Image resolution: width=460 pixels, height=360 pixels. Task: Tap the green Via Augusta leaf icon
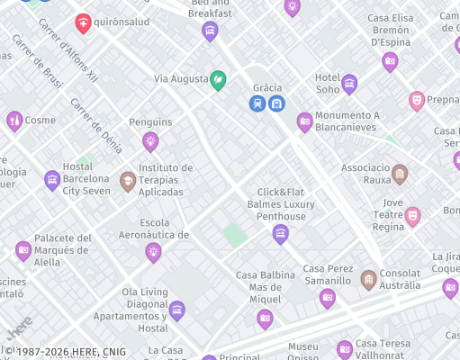[218, 80]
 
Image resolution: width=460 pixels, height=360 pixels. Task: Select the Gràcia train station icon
[258, 103]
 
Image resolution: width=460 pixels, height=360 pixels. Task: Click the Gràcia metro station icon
[276, 103]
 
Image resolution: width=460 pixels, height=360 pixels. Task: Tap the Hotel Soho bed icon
[349, 85]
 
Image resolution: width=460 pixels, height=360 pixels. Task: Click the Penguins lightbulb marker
[150, 140]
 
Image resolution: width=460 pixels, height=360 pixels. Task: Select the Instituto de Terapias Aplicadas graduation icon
[128, 181]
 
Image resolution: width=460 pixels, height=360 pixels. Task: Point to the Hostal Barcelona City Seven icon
[52, 180]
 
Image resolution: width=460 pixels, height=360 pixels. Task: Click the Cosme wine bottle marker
[14, 121]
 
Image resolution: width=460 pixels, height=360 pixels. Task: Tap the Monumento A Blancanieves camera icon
[305, 121]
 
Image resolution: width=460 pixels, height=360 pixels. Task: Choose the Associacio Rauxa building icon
[400, 174]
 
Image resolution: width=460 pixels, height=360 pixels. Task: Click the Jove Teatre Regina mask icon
[412, 215]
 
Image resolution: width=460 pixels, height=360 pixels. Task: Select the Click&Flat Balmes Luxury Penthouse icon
[281, 234]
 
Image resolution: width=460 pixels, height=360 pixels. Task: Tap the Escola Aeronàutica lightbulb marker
[153, 252]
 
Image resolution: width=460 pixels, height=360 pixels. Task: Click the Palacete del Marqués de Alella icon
[23, 251]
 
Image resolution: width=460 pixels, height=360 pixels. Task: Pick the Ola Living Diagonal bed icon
[177, 310]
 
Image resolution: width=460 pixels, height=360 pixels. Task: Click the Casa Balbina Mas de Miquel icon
[265, 318]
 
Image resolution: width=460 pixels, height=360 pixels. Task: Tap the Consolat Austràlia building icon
[368, 280]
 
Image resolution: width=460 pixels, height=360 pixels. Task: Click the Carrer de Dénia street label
[96, 130]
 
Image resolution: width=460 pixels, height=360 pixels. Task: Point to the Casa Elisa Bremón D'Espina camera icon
[390, 62]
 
